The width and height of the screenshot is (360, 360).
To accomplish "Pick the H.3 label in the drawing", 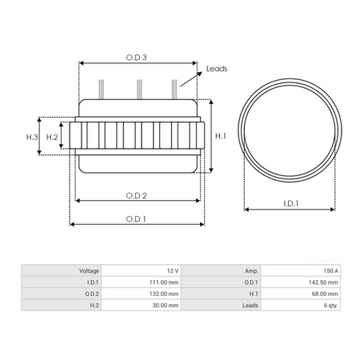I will [x=32, y=137].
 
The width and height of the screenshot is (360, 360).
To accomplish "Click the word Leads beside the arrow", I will [x=216, y=68].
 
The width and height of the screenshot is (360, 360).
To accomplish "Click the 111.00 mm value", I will [x=163, y=282].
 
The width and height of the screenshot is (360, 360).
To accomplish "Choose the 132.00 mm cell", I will [x=163, y=294].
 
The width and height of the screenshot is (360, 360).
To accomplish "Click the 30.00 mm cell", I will [x=165, y=305].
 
